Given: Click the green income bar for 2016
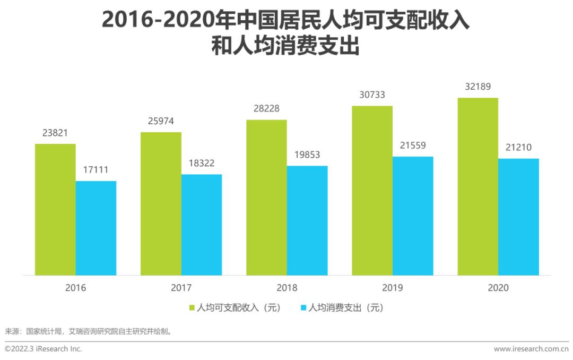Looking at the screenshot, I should point(55,210).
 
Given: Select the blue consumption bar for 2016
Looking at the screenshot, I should point(95,228).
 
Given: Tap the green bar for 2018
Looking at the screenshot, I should point(266,198).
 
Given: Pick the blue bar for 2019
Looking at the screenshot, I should point(413,216).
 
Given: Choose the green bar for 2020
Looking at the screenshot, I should point(478,186).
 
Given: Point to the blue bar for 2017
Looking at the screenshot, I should point(201,225).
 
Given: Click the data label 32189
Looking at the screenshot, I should point(478,87).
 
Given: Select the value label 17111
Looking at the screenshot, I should point(95,170).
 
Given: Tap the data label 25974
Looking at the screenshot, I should point(161,121).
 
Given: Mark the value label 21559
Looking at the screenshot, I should point(413,146).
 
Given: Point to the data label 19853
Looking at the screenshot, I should point(307,155).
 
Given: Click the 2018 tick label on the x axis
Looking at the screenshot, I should point(286,288).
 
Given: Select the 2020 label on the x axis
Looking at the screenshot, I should point(498,288).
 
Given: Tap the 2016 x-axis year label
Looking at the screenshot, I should point(75,288).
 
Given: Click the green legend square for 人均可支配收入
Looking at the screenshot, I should point(192,307).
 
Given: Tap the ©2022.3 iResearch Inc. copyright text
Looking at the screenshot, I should point(44,349).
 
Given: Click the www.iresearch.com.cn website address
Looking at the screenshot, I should point(531,349).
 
